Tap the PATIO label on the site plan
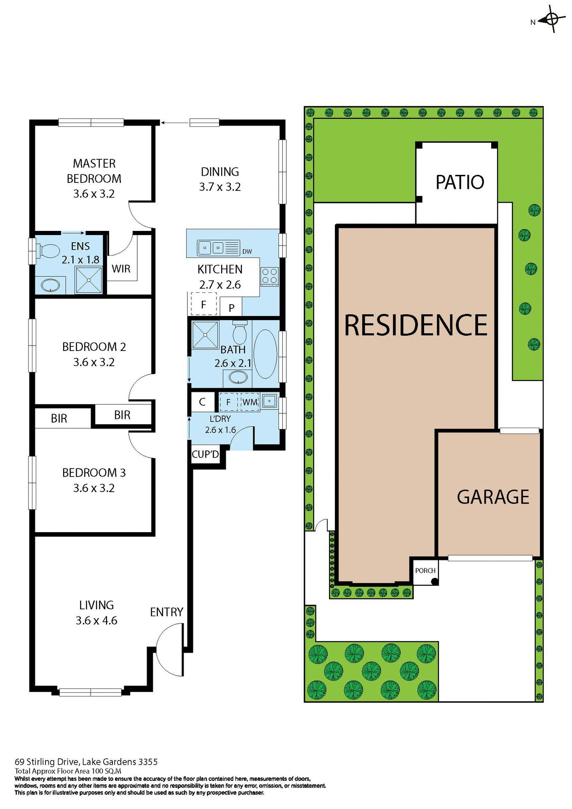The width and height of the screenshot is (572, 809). [x=460, y=182]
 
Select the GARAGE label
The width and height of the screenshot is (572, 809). [x=493, y=497]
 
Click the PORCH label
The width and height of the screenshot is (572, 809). [x=425, y=571]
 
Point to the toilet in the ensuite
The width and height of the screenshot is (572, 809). [x=48, y=251]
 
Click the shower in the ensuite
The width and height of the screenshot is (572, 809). [x=88, y=280]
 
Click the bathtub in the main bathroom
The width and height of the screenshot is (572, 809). [x=265, y=354]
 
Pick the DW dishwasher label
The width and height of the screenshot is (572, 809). [x=247, y=252]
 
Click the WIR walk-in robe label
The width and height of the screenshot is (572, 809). [x=121, y=269]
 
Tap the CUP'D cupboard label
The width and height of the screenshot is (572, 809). [x=205, y=454]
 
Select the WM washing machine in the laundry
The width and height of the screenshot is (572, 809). [x=250, y=402]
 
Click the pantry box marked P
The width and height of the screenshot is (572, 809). [x=231, y=308]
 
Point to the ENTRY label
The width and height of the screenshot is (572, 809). [x=166, y=612]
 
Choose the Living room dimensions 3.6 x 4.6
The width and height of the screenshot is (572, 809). [x=96, y=620]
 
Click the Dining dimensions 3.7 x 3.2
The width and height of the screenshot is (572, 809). [x=220, y=187]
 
